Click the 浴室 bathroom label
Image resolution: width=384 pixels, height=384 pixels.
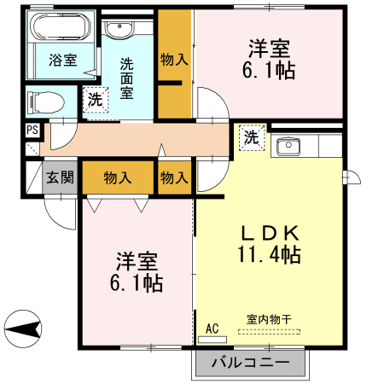click(63, 61)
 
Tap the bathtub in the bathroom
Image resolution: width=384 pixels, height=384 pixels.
click(60, 28)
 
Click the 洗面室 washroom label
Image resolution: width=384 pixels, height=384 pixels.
click(126, 76)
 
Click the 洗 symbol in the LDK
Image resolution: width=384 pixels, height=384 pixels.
click(252, 137)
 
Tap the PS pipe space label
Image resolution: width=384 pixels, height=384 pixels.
click(32, 130)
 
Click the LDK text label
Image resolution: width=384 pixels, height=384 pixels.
click(268, 231)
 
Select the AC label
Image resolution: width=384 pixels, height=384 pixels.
click(212, 327)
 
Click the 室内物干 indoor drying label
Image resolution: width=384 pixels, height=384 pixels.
click(269, 319)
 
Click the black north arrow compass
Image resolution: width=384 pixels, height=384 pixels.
click(21, 327)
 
